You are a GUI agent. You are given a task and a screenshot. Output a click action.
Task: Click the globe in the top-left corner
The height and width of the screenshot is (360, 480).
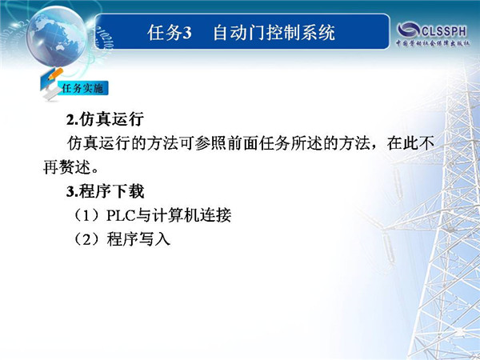tap(56, 36)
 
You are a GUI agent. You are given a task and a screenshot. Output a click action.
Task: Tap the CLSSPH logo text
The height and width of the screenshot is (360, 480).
tap(444, 31)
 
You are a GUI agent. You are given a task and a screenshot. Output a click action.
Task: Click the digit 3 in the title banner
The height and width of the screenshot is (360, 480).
tap(186, 33)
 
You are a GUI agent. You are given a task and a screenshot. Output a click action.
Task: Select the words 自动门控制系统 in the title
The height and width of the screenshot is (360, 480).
tap(274, 33)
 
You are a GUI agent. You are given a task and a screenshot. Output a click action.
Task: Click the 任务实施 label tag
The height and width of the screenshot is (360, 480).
tap(82, 88)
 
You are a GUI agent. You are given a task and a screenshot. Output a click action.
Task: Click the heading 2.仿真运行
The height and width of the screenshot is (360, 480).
tap(105, 119)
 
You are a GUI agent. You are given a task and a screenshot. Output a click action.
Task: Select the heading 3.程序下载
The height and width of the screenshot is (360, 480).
tap(105, 191)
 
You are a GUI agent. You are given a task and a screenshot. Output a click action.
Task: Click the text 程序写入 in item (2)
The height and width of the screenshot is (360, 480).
tap(138, 239)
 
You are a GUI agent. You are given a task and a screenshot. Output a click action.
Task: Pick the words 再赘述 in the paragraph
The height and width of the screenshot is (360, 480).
tap(67, 167)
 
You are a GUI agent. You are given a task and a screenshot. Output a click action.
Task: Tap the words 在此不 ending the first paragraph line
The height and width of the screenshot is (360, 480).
tap(410, 143)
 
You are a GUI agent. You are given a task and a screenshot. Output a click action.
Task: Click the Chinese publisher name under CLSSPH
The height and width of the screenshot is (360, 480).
tap(433, 43)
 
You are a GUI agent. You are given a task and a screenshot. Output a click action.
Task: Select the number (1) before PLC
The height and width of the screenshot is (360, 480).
tap(87, 215)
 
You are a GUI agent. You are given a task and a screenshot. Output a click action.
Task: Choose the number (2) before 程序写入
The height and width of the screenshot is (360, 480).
tap(87, 239)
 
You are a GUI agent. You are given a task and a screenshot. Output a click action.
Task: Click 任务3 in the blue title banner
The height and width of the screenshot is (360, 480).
tap(170, 33)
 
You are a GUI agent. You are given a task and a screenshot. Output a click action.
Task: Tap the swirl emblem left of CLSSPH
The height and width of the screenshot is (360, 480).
tap(408, 30)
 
